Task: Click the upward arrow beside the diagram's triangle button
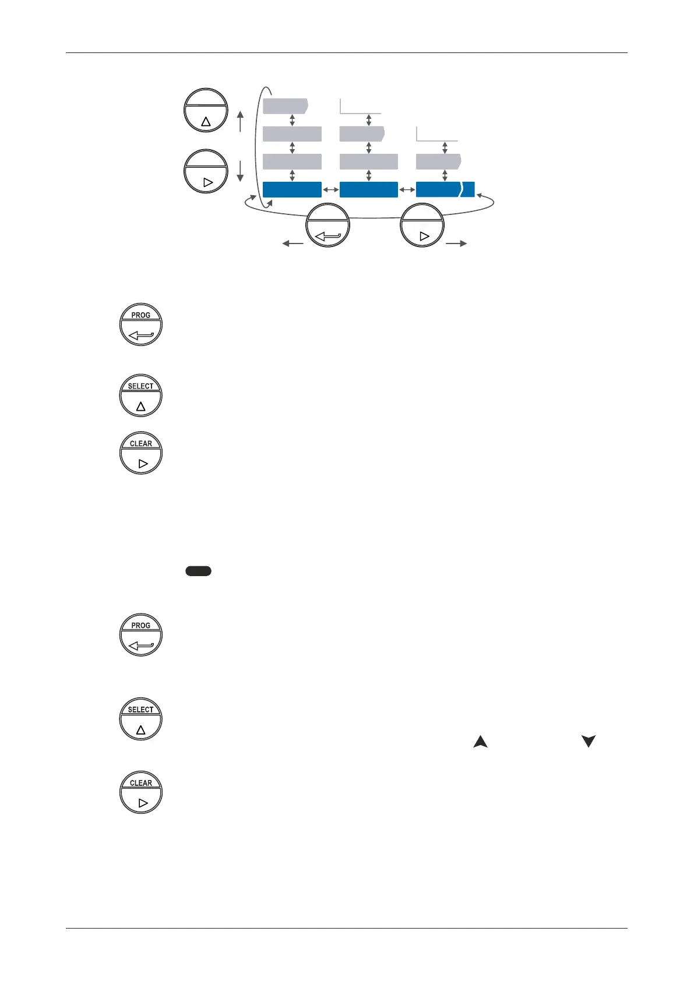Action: coord(240,122)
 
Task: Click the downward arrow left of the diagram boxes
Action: coord(240,171)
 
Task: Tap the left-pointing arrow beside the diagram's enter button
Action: coord(293,244)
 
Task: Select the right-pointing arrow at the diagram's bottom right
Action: coord(456,244)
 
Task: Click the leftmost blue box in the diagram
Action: coord(292,190)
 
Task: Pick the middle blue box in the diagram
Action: coord(368,190)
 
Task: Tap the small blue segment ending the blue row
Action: coord(468,190)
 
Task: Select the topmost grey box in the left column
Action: coord(285,106)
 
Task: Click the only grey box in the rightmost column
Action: coord(438,161)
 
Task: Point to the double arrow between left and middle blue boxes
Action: coord(330,190)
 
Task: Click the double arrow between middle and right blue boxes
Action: coord(407,190)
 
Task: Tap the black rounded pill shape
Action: coord(198,571)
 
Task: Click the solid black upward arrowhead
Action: coord(480,742)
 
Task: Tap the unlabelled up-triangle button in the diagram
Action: coord(206,111)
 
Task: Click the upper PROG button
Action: coord(141,324)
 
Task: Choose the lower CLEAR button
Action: coord(141,792)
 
